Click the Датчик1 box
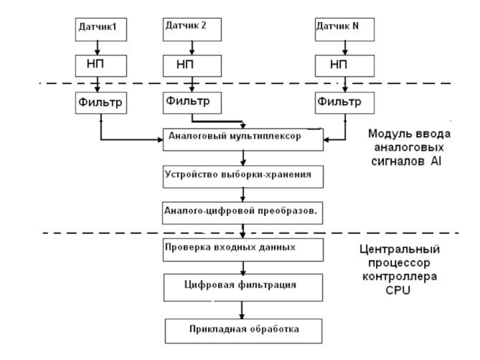[x=98, y=28]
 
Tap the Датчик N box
[x=344, y=28]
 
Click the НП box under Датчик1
[x=98, y=64]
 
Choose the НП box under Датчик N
[x=344, y=64]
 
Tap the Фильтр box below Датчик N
[x=344, y=102]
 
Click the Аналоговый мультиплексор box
[x=242, y=137]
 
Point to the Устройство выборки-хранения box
[x=242, y=175]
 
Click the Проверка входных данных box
[x=242, y=248]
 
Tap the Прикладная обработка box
[x=242, y=328]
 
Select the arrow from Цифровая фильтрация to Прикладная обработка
[x=242, y=308]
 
